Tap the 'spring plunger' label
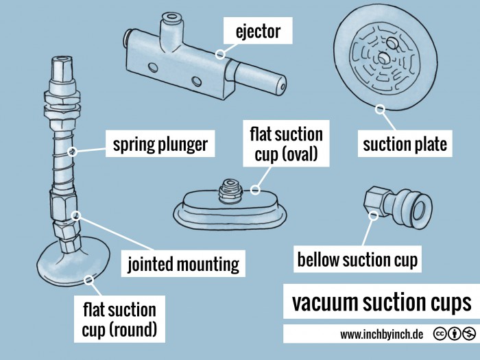[x=160, y=145]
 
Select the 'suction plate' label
[x=405, y=145]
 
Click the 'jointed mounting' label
[x=183, y=263]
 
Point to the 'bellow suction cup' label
[x=357, y=260]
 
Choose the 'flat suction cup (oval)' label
[x=287, y=143]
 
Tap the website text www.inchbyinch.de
[x=381, y=335]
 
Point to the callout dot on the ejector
[x=219, y=53]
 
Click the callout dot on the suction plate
[x=380, y=107]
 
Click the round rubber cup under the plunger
[x=69, y=264]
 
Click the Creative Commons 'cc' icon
[x=437, y=335]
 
